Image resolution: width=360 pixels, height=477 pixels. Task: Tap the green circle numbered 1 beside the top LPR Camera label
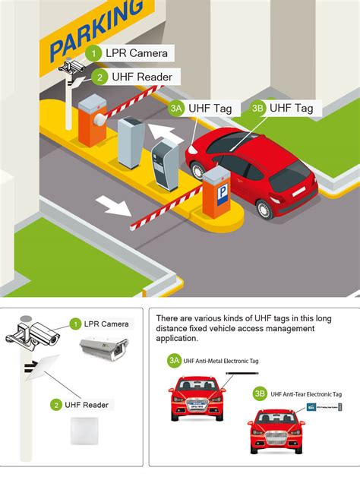click(93, 53)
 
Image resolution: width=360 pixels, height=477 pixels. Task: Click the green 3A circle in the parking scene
click(177, 109)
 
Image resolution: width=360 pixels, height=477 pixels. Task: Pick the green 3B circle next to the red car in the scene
click(257, 108)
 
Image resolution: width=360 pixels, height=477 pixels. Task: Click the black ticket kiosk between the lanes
click(164, 164)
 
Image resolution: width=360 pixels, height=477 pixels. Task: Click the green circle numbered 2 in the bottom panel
click(56, 405)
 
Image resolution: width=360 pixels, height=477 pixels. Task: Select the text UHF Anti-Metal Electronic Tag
click(220, 361)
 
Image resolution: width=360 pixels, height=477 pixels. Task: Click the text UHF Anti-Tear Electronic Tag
click(306, 394)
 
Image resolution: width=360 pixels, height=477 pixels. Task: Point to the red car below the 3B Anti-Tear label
click(277, 431)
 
